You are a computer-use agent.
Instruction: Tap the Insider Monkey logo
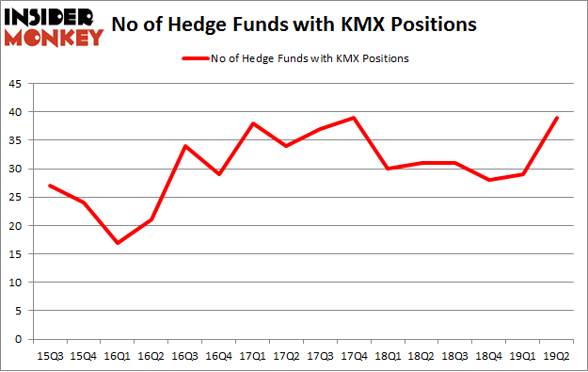[x=55, y=25]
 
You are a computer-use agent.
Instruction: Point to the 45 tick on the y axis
[x=16, y=84]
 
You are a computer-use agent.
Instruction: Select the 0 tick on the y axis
[x=20, y=339]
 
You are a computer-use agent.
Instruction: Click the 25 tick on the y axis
[x=16, y=198]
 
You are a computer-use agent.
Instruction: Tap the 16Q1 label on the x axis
[x=116, y=355]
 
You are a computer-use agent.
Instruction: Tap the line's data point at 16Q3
[x=186, y=146]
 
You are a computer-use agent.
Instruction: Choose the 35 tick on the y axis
[x=16, y=140]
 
